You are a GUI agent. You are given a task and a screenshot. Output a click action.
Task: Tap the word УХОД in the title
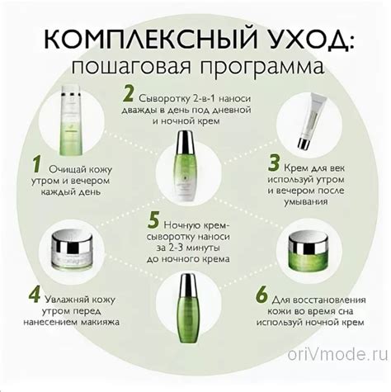point(306,39)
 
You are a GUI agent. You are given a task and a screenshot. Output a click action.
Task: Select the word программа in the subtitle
point(261,66)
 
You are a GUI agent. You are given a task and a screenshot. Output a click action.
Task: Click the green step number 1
point(36,164)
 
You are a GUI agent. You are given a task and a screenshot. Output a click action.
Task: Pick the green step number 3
point(274,163)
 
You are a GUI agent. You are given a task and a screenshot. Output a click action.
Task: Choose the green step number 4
point(35,295)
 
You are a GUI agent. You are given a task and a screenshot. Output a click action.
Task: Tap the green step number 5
point(153,220)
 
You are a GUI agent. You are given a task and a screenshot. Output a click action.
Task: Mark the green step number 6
point(261,295)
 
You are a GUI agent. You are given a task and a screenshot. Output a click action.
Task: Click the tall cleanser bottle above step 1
point(71,120)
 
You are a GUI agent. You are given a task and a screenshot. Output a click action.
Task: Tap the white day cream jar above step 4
point(72,250)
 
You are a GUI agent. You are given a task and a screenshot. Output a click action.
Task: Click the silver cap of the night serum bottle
point(188,285)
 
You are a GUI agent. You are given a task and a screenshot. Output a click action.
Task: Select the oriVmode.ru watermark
point(338,354)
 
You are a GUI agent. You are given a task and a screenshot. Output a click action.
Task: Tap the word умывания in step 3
point(306,202)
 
